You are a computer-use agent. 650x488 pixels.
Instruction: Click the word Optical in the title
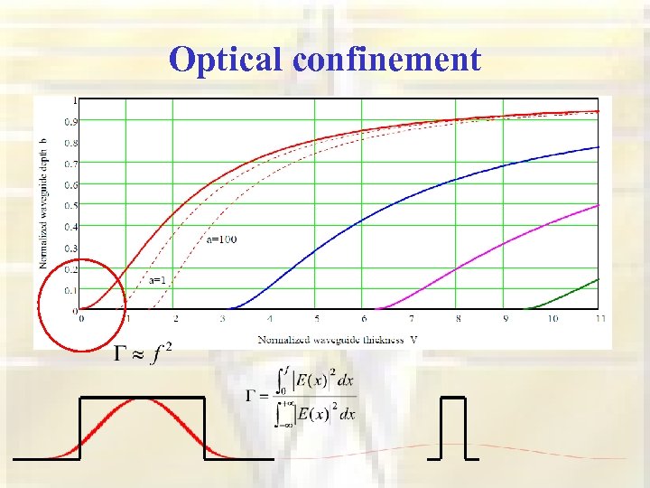[x=227, y=60]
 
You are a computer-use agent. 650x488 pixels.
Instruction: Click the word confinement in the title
[x=387, y=60]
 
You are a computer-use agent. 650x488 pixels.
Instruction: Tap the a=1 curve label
[x=157, y=280]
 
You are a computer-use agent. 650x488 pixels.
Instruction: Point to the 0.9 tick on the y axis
[x=70, y=121]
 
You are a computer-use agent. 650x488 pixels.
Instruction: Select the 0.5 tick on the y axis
[x=70, y=205]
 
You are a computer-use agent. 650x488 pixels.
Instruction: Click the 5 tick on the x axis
[x=317, y=319]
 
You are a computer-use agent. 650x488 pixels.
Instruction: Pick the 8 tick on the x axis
[x=459, y=319]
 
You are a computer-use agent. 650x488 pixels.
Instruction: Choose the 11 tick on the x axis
[x=600, y=319]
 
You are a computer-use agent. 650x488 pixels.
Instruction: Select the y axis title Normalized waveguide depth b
[x=43, y=203]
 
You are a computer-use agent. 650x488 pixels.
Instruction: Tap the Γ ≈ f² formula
[x=142, y=353]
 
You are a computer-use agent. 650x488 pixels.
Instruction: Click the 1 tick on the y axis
[x=74, y=99]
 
